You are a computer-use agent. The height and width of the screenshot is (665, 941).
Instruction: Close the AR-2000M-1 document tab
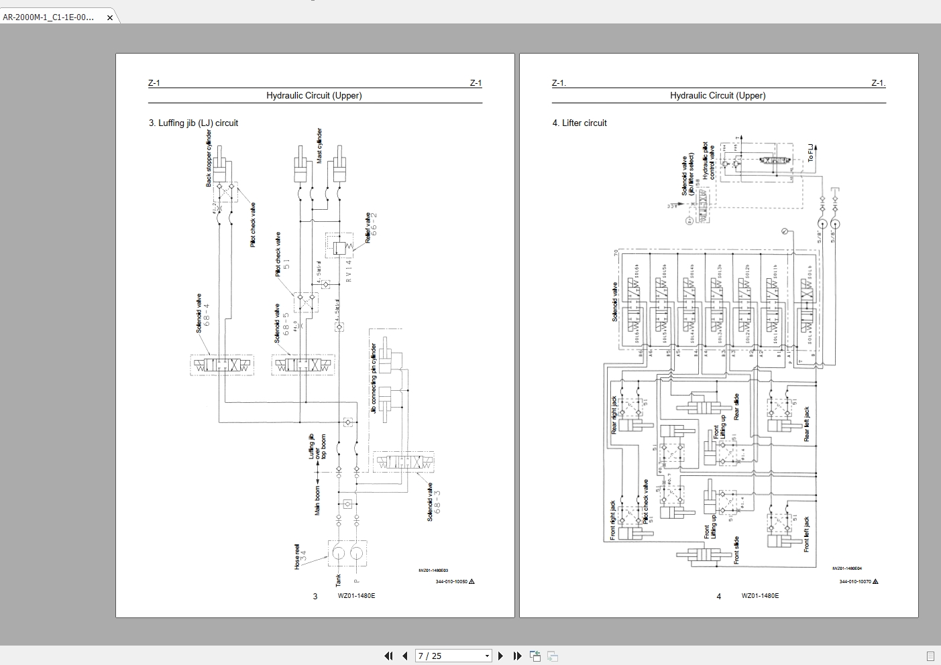click(110, 18)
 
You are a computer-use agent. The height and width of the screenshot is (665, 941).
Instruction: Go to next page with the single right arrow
click(500, 656)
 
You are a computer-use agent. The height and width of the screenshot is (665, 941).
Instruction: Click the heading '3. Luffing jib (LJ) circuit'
click(193, 123)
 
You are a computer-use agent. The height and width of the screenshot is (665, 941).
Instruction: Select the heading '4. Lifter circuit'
click(579, 123)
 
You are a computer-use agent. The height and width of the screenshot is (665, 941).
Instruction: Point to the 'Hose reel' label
click(296, 556)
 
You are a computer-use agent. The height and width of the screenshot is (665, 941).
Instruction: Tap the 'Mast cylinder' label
click(319, 145)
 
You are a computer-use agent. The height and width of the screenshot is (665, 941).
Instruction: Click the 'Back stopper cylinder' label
click(209, 158)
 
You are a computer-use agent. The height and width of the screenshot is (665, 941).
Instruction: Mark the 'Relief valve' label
click(368, 228)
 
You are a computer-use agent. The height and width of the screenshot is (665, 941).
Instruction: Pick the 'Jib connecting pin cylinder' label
click(374, 378)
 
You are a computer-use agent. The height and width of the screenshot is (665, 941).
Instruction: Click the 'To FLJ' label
click(810, 153)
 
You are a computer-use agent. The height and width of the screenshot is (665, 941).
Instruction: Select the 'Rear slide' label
click(736, 407)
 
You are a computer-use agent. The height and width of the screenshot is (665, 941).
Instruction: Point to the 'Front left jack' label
click(807, 534)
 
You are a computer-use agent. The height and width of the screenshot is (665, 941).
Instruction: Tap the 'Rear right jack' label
click(614, 414)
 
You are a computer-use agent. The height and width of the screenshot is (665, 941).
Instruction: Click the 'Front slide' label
click(736, 550)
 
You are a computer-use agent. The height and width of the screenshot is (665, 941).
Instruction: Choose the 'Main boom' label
click(318, 501)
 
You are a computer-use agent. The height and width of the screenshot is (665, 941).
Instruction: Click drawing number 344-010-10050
click(451, 581)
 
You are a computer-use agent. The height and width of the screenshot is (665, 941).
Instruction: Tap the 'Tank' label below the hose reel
click(338, 580)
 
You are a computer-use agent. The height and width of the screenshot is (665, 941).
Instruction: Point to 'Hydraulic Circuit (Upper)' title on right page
click(718, 96)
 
